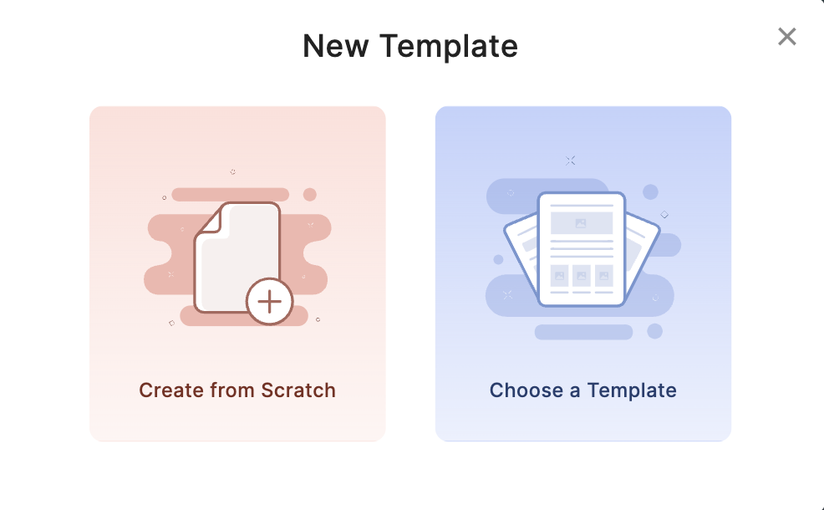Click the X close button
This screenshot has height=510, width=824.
pos(786,37)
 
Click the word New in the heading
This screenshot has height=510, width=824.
pos(336,46)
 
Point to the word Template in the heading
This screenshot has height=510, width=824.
pos(449,46)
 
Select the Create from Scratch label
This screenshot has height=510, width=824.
pos(237,390)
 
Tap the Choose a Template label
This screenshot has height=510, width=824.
pos(582,390)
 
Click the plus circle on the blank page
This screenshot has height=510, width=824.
pos(270,302)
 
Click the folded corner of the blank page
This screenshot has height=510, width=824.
pos(211,221)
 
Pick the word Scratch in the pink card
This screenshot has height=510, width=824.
pos(298,390)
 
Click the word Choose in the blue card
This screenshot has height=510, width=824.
pos(526,390)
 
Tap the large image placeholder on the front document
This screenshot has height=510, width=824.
pos(581,223)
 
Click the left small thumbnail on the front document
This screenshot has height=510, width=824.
pos(559,276)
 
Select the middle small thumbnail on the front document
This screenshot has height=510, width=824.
pos(581,276)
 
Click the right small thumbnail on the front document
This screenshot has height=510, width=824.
pos(604,276)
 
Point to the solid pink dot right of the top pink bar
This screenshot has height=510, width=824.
pos(310,195)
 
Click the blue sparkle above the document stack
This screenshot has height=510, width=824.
pos(570,161)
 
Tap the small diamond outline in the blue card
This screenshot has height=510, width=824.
pos(664,215)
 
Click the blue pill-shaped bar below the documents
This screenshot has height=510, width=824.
pos(583,332)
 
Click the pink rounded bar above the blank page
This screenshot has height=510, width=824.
pos(230,194)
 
